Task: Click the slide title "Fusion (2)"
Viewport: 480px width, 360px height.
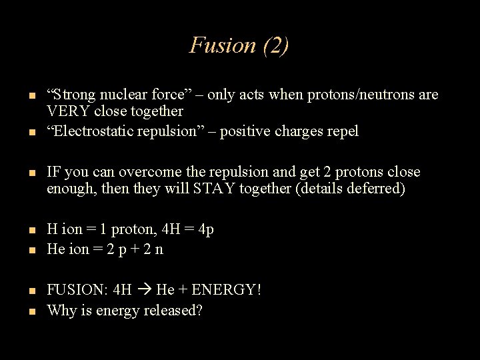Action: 239,45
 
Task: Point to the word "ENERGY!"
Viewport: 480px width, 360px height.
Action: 227,291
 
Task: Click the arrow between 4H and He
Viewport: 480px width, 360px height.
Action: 144,291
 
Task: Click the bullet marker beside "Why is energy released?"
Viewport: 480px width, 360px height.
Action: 32,311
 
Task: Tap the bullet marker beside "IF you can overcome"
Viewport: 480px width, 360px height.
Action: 32,173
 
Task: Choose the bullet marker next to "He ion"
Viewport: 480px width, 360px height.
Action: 32,251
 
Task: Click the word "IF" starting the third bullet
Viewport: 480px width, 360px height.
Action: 53,172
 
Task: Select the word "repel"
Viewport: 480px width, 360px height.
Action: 343,131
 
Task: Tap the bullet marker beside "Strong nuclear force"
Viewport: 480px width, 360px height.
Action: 32,96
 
